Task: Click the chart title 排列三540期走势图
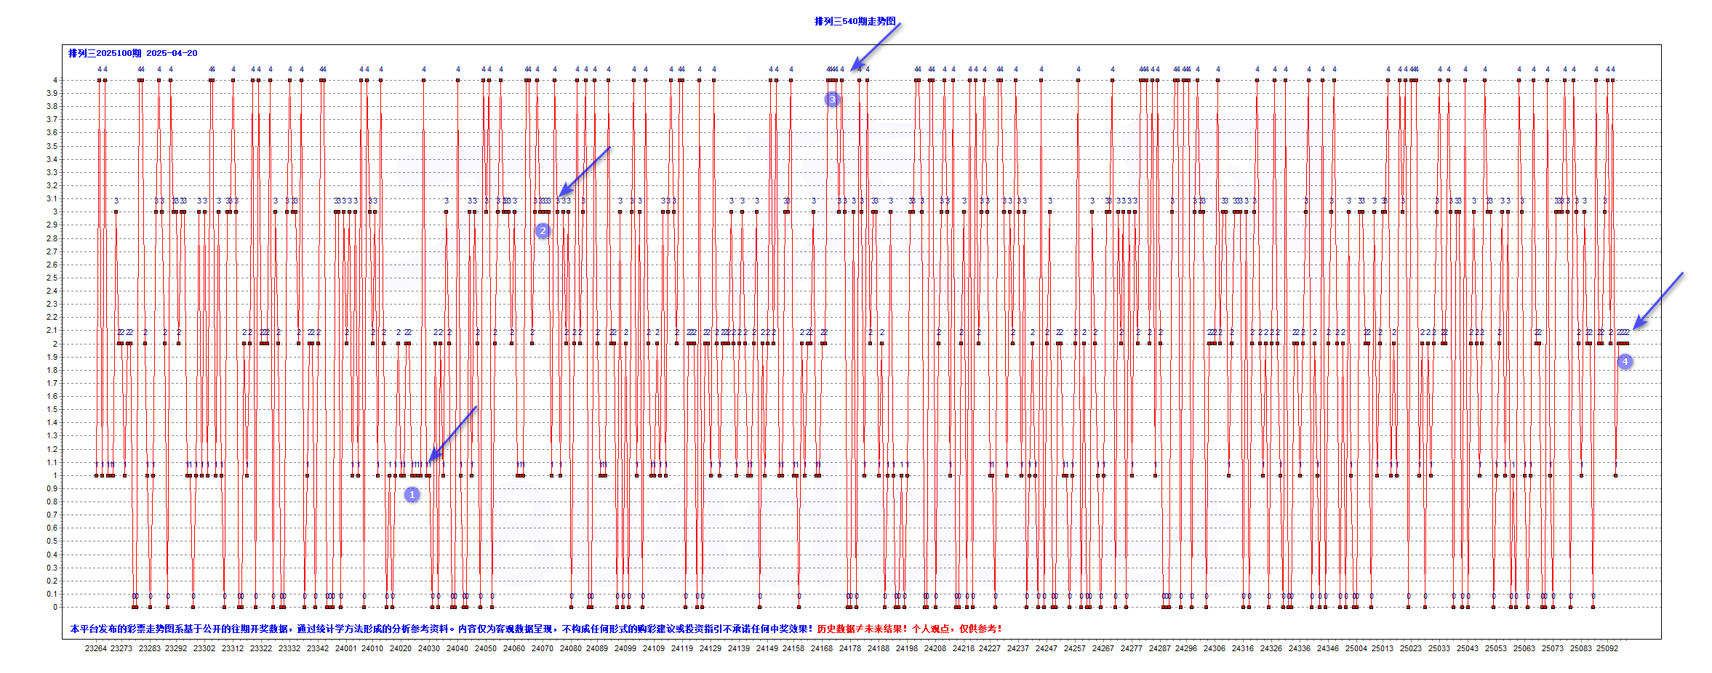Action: (x=855, y=21)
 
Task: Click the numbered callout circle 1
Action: (x=412, y=494)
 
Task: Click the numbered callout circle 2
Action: (x=543, y=230)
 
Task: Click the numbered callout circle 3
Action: (x=832, y=99)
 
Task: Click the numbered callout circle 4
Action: (x=1625, y=361)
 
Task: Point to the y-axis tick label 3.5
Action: (x=52, y=146)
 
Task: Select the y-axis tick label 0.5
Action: (x=52, y=541)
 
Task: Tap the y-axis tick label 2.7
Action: (x=52, y=251)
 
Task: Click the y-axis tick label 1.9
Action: (x=52, y=357)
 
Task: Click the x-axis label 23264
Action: (x=95, y=648)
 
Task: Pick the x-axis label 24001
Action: (x=345, y=648)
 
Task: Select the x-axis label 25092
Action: (x=1607, y=648)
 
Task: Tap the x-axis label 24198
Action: (x=907, y=648)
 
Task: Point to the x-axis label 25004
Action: (x=1356, y=648)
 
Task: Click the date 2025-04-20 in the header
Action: (x=172, y=53)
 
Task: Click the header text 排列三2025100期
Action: (x=105, y=53)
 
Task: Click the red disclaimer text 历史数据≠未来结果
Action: (x=861, y=629)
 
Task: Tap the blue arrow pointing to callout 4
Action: (x=1658, y=300)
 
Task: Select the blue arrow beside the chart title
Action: (x=876, y=46)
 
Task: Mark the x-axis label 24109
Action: (x=654, y=648)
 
